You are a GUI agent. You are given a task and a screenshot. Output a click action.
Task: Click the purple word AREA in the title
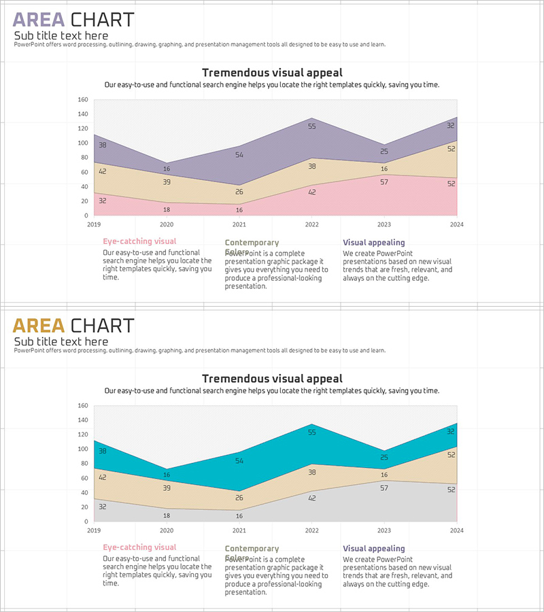[39, 20]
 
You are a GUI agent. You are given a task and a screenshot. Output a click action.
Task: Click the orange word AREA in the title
[39, 326]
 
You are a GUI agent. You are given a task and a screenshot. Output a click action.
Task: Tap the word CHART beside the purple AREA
[103, 20]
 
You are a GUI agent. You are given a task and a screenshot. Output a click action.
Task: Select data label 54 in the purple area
[239, 155]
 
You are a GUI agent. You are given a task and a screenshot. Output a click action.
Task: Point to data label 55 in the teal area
[312, 432]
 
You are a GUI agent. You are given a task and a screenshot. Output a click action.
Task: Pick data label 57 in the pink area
[384, 182]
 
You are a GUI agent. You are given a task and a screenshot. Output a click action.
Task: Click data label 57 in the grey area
[384, 488]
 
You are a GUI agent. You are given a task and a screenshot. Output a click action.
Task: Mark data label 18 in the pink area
[167, 209]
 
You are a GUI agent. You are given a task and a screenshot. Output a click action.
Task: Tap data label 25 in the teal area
[384, 458]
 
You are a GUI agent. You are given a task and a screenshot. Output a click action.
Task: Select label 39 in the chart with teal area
[167, 488]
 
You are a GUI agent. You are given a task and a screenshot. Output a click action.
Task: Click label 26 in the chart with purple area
[239, 192]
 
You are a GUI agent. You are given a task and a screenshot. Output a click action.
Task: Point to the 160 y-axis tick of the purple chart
[83, 99]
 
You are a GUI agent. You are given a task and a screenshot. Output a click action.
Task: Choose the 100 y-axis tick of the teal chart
[83, 449]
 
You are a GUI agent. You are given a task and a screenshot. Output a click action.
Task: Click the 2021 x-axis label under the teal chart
[239, 530]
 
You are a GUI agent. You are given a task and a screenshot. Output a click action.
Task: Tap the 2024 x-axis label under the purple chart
[456, 224]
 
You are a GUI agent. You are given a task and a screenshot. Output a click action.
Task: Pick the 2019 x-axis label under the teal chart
[94, 530]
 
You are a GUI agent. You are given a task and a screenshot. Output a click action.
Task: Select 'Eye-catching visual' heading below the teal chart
[139, 547]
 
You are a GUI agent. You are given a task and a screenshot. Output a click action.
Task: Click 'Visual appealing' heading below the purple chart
[373, 242]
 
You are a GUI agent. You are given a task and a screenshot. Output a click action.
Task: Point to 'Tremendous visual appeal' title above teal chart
[272, 379]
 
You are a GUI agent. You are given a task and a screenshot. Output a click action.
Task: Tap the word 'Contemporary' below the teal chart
[252, 549]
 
